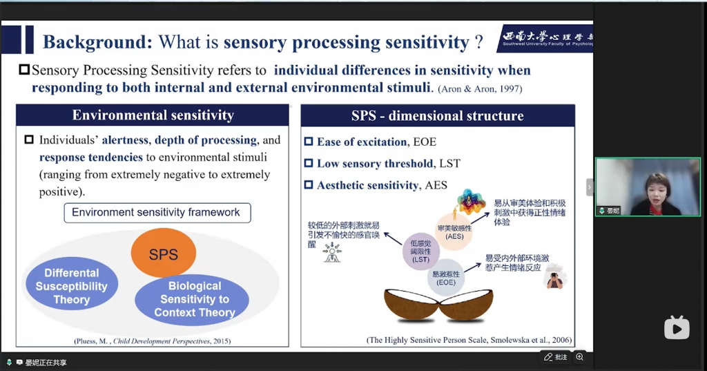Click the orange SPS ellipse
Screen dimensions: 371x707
164,253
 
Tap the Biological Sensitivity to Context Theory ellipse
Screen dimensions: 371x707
194,299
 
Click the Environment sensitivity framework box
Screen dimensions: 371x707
156,212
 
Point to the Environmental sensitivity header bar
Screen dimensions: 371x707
153,115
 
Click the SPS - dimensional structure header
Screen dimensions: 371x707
438,115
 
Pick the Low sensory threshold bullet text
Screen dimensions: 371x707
387,164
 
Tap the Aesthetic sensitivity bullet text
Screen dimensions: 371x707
381,185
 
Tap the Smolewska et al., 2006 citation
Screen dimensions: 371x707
469,341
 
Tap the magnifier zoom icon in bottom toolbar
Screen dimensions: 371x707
580,356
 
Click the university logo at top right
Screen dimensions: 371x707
544,39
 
